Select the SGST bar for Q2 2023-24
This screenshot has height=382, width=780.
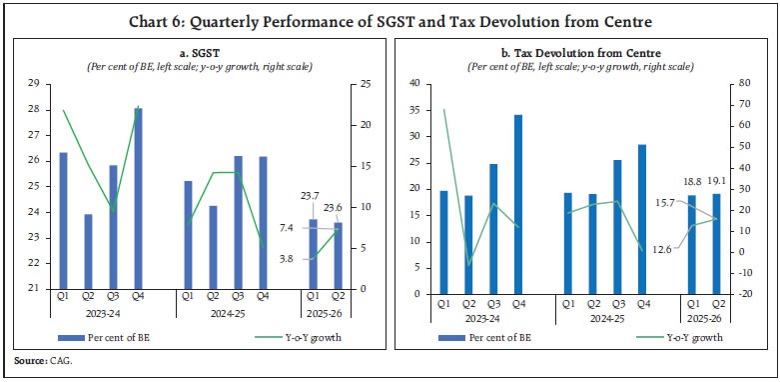[88, 251]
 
